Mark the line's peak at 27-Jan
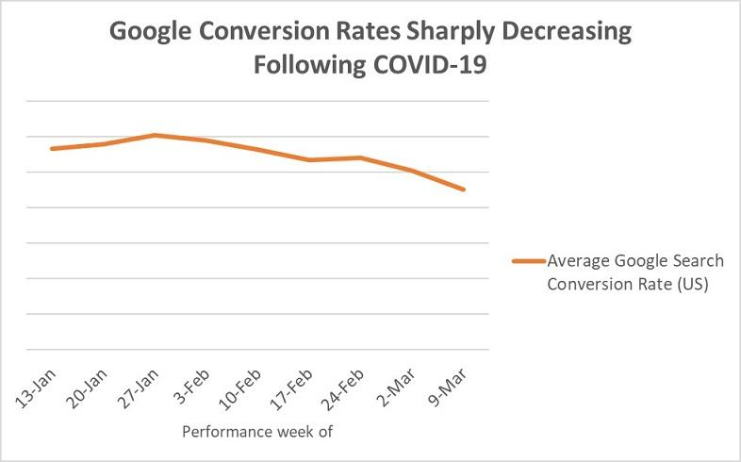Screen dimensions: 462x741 [155, 135]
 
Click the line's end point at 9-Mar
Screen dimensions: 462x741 [464, 190]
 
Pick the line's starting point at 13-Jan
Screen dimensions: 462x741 [51, 149]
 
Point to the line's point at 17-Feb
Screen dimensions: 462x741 [309, 160]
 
